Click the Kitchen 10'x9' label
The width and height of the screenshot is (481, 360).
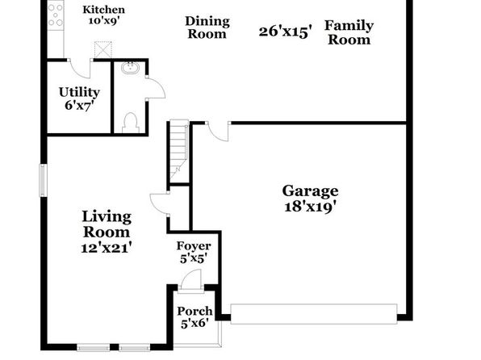[103, 15]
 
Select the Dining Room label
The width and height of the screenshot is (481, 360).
[207, 27]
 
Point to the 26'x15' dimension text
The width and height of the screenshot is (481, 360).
[285, 31]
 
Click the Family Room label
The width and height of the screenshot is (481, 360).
[349, 32]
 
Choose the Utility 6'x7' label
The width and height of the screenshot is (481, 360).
[79, 98]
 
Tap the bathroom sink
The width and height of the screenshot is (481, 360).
[131, 68]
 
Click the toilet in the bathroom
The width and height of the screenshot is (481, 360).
[131, 123]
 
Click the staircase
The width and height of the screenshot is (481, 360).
[178, 150]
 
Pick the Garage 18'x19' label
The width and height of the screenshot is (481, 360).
[310, 199]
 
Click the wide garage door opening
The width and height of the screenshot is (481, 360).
[314, 314]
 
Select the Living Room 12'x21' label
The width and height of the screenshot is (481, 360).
[107, 232]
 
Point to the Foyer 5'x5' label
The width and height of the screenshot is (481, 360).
[194, 252]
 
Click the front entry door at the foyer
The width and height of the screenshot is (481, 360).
[190, 281]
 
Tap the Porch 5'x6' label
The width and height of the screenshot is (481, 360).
[194, 317]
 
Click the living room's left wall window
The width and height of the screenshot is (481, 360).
[44, 180]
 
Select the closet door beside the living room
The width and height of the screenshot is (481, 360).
[158, 204]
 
